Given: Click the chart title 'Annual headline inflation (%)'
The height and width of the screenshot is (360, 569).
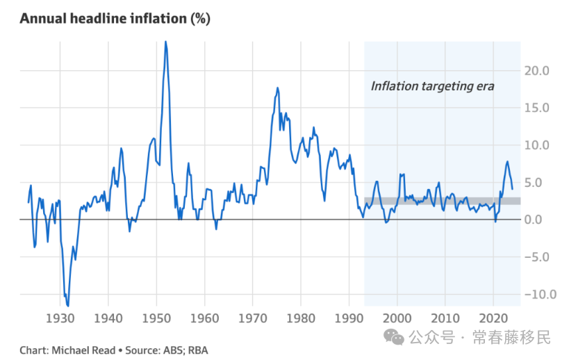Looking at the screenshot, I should tap(115, 18).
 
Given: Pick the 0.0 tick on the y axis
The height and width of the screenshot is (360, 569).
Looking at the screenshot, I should tap(541, 220).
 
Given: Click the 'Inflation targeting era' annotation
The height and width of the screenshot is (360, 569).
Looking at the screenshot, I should tap(432, 86).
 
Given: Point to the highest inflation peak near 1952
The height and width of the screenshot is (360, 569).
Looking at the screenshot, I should tap(165, 42).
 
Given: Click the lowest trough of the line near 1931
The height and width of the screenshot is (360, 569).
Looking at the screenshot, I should tap(67, 304).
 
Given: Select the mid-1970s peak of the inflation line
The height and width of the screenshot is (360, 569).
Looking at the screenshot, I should tap(277, 88).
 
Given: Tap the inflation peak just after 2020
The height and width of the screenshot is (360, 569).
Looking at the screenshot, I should tap(507, 162).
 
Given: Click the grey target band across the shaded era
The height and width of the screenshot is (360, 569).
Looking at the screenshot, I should tap(442, 201).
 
